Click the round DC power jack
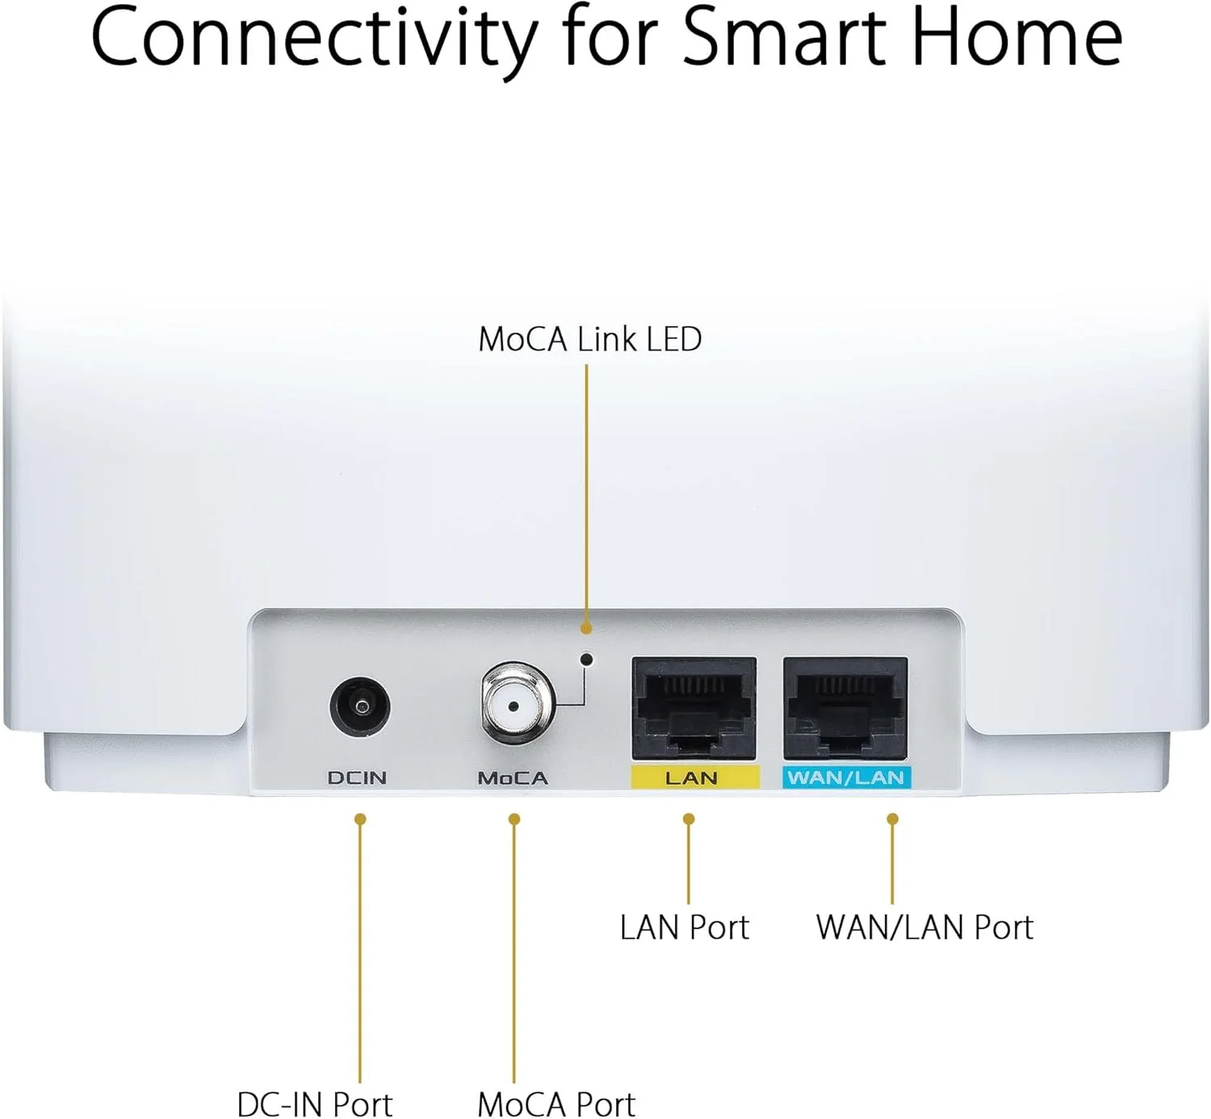coord(360,706)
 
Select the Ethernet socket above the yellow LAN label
coord(694,709)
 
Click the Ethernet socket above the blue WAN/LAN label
coord(846,709)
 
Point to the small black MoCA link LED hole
coord(587,659)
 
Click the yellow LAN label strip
coord(695,777)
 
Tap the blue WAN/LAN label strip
coord(847,777)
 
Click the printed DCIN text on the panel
coord(358,778)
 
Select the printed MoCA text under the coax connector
coord(513,778)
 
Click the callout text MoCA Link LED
coord(589,339)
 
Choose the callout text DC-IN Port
coord(315,1103)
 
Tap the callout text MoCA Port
coord(556,1103)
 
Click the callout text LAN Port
coord(684,928)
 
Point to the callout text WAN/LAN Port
coord(924,928)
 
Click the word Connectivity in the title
coord(313,39)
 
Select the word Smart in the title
coord(784,37)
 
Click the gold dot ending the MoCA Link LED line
coord(587,627)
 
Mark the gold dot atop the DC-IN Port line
coord(360,819)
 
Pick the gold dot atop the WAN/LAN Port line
coord(893,819)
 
